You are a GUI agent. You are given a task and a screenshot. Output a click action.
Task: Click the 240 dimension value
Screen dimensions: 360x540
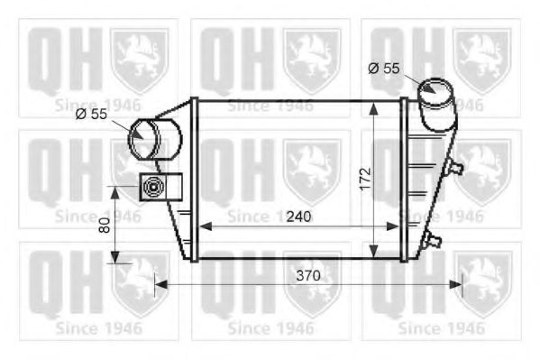(x=299, y=217)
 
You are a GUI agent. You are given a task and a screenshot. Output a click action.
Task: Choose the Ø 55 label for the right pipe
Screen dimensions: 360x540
(x=384, y=67)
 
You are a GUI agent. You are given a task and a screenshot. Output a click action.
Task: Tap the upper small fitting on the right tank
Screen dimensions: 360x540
(x=456, y=167)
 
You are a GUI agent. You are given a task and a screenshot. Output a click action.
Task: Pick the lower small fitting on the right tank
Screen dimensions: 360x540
(x=435, y=240)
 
